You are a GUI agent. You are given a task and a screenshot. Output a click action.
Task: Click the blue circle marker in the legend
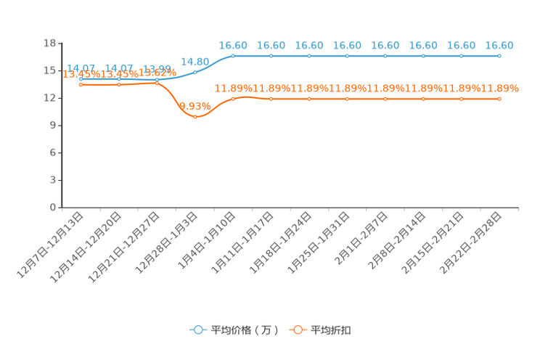(x=197, y=330)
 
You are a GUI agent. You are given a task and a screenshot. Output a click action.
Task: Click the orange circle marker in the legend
(x=298, y=330)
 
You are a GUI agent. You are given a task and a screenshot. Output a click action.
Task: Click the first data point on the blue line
(x=81, y=78)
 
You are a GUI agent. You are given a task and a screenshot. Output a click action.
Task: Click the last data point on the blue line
(x=499, y=56)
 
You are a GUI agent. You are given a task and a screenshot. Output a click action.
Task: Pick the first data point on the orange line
(x=81, y=84)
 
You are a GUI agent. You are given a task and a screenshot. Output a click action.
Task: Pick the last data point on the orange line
(x=499, y=99)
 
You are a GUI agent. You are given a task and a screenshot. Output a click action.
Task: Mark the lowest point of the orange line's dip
(x=195, y=117)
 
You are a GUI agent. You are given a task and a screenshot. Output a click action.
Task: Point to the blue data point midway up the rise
(x=195, y=72)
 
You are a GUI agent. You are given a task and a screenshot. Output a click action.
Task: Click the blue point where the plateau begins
(x=233, y=56)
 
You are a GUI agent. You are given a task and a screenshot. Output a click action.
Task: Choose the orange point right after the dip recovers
(x=233, y=99)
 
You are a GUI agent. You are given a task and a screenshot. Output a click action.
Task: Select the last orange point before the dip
(x=157, y=83)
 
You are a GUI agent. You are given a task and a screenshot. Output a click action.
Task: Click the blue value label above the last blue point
(x=499, y=45)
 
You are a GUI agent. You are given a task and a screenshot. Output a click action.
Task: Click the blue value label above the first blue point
(x=81, y=67)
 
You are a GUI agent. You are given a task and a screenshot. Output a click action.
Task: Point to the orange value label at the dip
(x=195, y=107)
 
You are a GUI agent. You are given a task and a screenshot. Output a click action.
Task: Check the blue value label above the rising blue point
(x=195, y=60)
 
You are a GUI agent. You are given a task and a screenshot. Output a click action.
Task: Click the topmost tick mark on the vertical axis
(x=58, y=43)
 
